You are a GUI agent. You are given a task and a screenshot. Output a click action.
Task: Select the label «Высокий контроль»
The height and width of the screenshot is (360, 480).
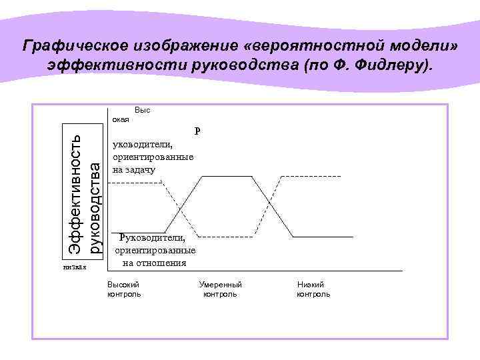click(124, 289)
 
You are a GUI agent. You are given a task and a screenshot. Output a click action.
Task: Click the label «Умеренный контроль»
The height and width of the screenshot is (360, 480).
click(221, 289)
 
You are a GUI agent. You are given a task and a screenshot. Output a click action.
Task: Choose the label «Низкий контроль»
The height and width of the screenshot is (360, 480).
click(313, 289)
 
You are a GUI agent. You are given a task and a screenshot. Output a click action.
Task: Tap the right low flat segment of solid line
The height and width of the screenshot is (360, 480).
click(323, 237)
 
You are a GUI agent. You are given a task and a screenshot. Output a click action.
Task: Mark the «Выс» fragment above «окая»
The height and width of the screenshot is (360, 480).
click(142, 109)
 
